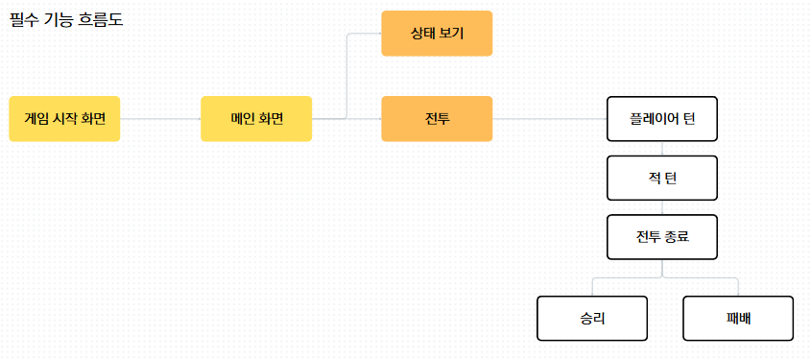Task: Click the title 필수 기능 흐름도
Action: click(x=67, y=21)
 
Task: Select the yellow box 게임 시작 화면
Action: click(x=64, y=118)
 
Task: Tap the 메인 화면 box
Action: click(x=256, y=118)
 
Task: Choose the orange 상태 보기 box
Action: click(x=437, y=33)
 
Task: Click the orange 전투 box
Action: click(x=437, y=118)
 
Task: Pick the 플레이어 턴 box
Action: click(x=662, y=118)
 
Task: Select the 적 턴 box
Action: click(x=662, y=178)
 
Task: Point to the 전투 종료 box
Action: click(x=662, y=237)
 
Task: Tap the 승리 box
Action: click(x=592, y=318)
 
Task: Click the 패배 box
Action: click(x=738, y=318)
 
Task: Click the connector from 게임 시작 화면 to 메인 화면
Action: click(x=160, y=118)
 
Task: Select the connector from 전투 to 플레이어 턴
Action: click(x=550, y=118)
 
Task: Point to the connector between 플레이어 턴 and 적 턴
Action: click(x=662, y=149)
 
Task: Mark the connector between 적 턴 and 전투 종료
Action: click(x=662, y=207)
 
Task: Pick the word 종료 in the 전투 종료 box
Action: click(x=679, y=237)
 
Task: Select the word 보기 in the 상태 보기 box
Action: click(x=452, y=34)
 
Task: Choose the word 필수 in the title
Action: click(x=21, y=21)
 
